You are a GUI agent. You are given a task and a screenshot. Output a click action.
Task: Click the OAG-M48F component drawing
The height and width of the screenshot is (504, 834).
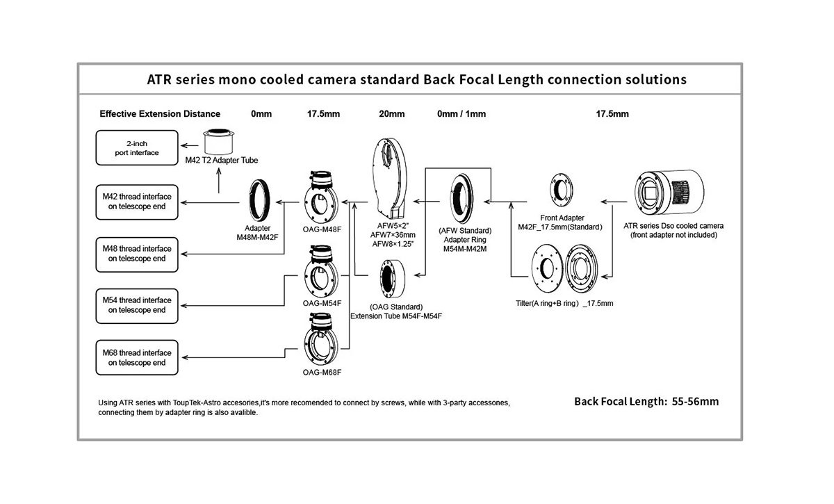pos(321,199)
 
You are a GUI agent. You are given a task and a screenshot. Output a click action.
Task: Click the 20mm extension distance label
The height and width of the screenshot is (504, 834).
pos(391,114)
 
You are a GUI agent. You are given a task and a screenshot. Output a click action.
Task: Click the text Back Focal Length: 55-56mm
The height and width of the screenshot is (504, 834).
pos(646,401)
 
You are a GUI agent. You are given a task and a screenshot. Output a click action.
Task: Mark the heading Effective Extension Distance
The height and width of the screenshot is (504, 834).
pos(160,114)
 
